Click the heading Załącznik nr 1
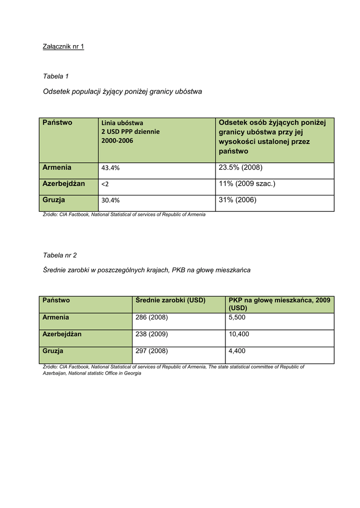64,47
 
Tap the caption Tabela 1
56,76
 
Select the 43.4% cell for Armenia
110,168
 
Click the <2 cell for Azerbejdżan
105,184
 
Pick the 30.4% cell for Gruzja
110,200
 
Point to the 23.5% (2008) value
240,167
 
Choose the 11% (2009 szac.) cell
247,184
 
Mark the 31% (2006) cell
237,200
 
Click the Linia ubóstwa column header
122,123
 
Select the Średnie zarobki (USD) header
170,300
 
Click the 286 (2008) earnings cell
151,317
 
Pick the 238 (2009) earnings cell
151,334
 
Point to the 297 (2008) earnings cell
151,351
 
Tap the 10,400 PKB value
239,334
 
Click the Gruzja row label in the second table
53,351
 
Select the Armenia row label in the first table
57,168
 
